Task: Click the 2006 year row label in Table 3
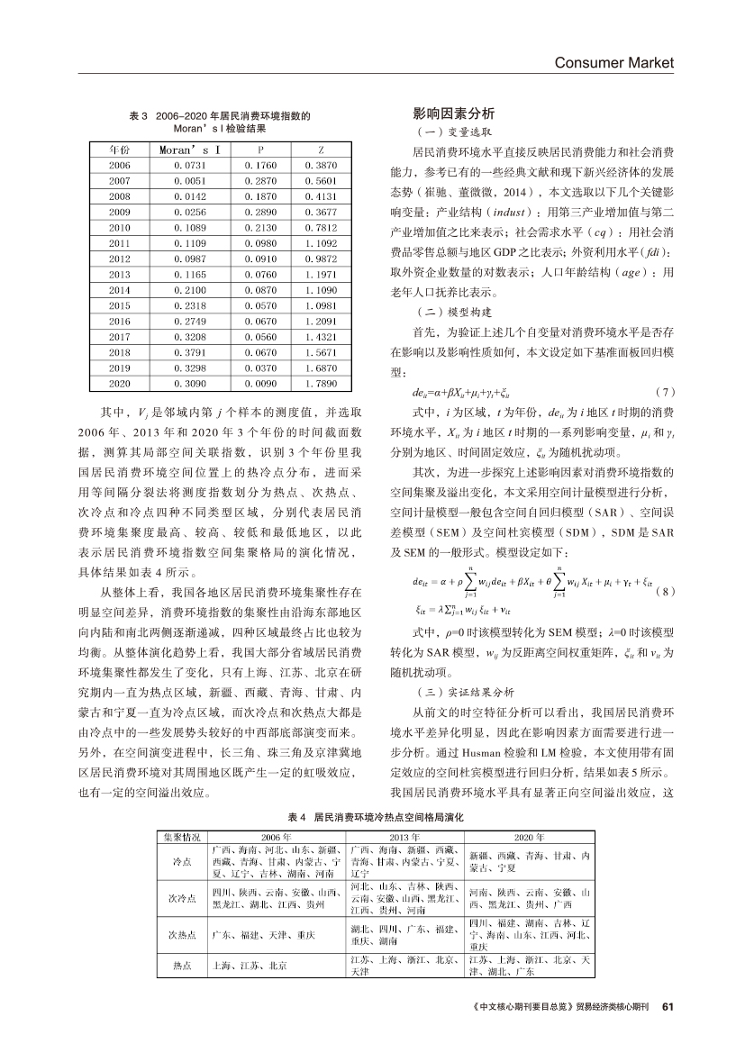coord(120,166)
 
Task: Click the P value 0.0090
coord(259,385)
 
